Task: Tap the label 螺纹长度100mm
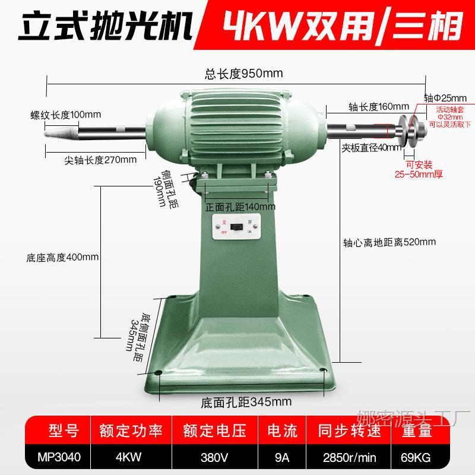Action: coord(66,114)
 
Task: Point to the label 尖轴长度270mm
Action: coord(100,159)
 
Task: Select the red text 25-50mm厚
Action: coord(419,174)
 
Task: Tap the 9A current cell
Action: coord(282,458)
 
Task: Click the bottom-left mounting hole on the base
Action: coord(158,372)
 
